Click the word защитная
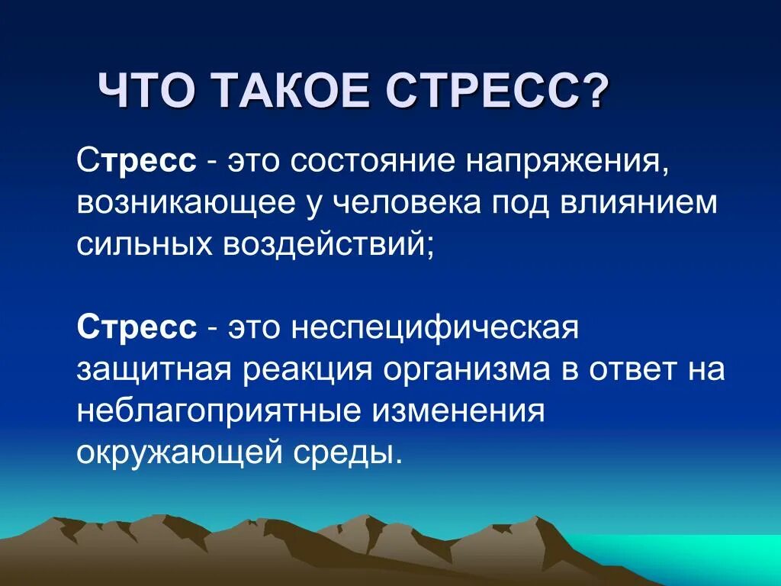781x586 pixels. click(x=153, y=371)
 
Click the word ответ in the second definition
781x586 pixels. click(x=631, y=371)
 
